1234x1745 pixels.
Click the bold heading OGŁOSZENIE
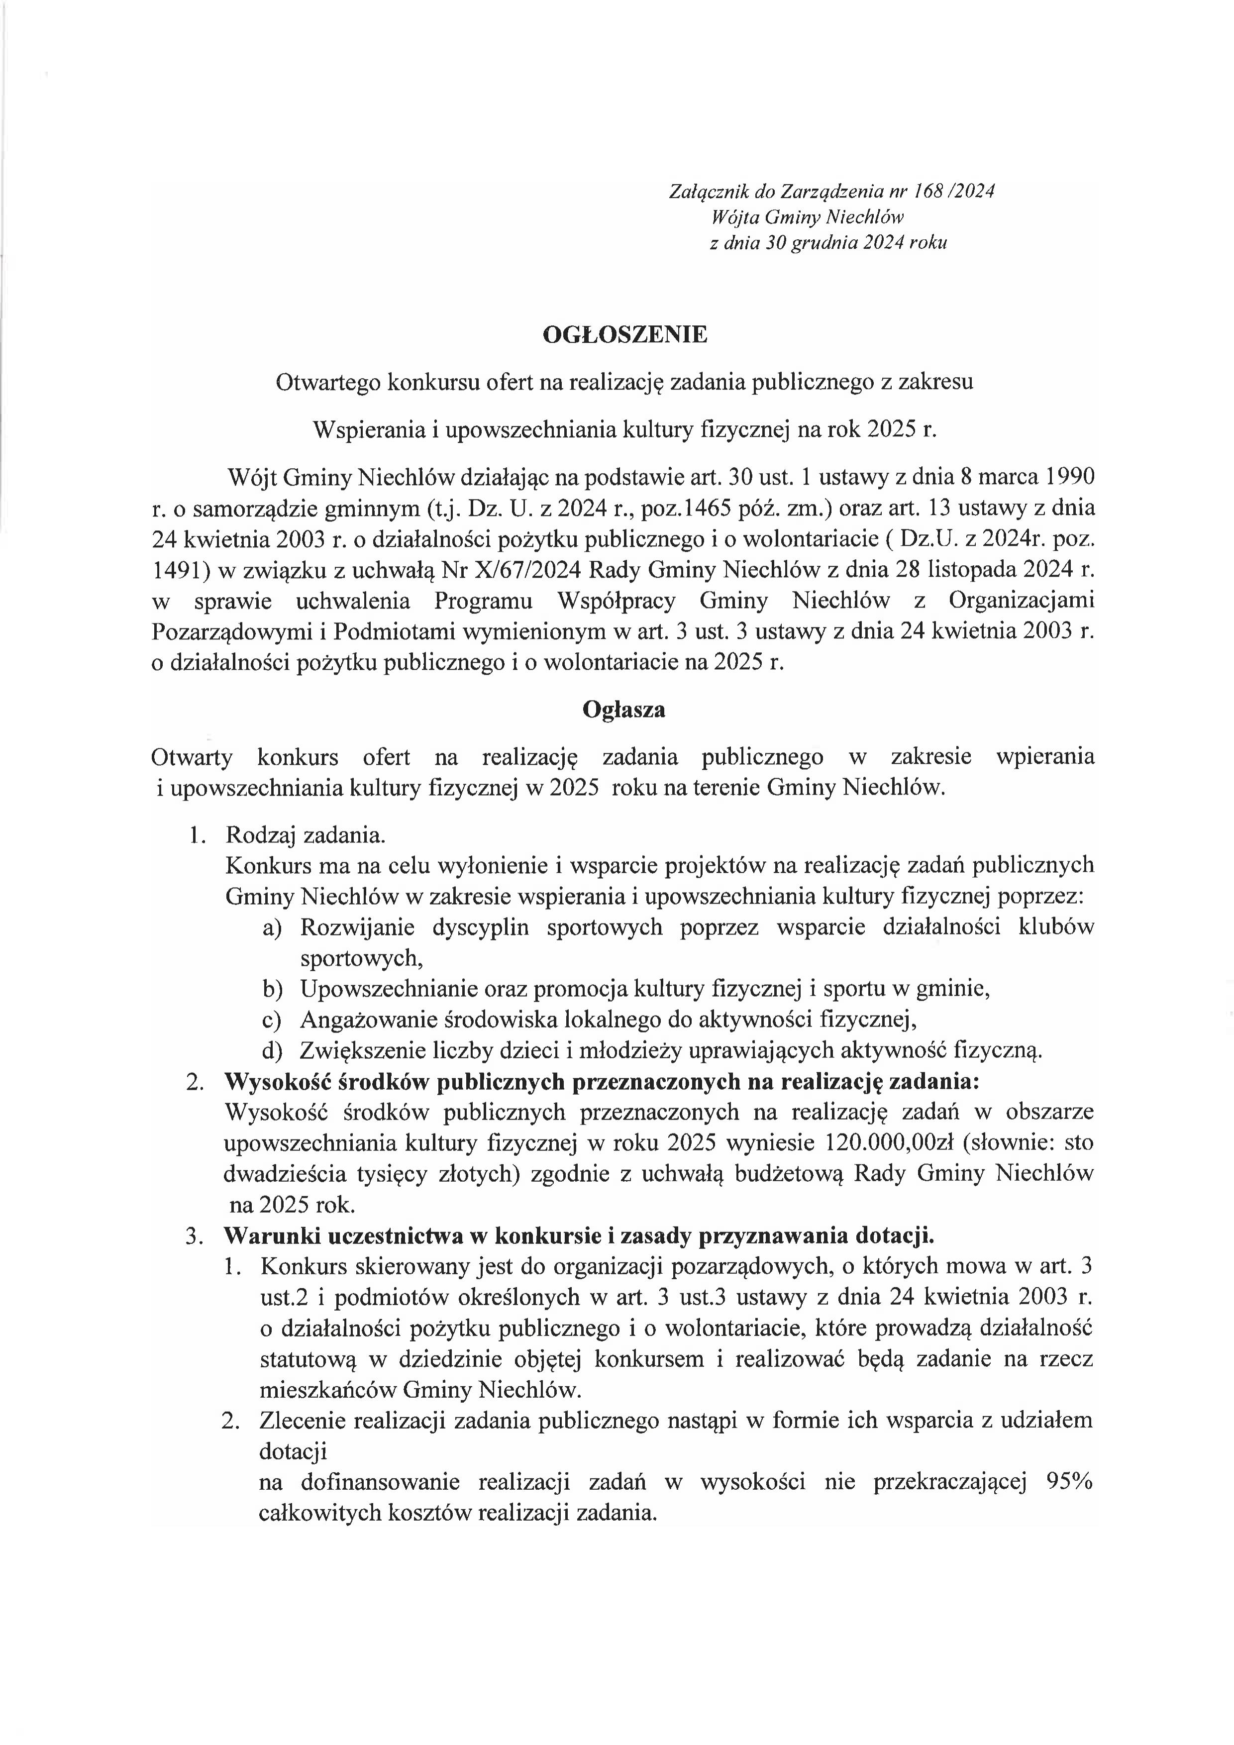pyautogui.click(x=624, y=334)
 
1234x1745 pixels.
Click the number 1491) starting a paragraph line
pyautogui.click(x=179, y=569)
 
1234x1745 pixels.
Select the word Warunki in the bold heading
pyautogui.click(x=264, y=1236)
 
